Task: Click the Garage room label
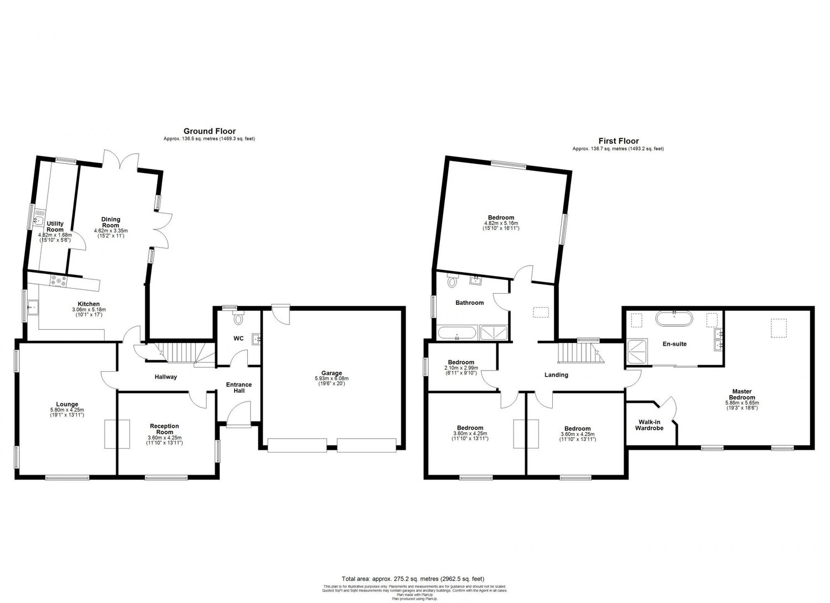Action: [x=332, y=373]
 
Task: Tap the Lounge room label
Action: [x=66, y=404]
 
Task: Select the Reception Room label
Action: [x=164, y=429]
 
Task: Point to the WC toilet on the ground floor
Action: [x=238, y=319]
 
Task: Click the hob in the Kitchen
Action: [x=59, y=281]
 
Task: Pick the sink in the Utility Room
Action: [x=37, y=221]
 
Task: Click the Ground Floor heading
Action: [x=210, y=131]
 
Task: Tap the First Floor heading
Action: [x=618, y=141]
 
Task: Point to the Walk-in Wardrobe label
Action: [x=649, y=424]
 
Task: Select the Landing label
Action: [x=556, y=375]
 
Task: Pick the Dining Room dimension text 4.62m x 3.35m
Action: [x=111, y=231]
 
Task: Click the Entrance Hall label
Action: [x=238, y=388]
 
